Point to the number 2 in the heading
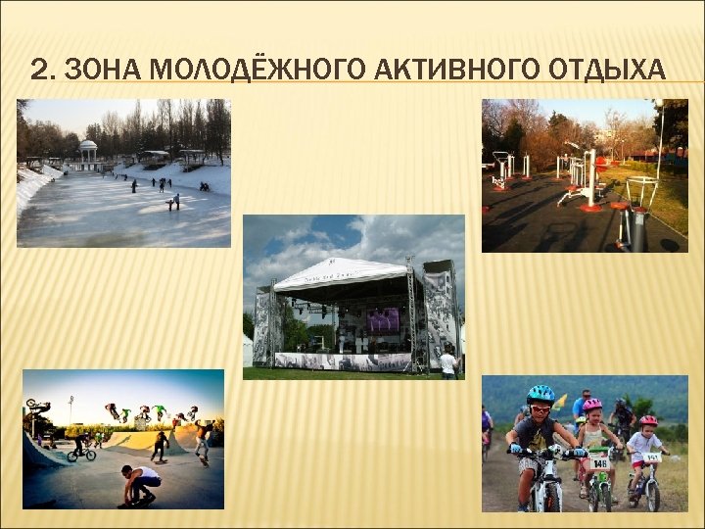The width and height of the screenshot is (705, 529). pyautogui.click(x=38, y=70)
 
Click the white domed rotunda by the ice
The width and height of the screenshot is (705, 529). pyautogui.click(x=89, y=152)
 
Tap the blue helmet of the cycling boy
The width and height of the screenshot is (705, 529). pyautogui.click(x=540, y=394)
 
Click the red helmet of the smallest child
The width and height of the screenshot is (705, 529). pyautogui.click(x=648, y=421)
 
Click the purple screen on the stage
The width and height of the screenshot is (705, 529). pyautogui.click(x=382, y=319)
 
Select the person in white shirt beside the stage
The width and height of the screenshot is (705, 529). pyautogui.click(x=448, y=362)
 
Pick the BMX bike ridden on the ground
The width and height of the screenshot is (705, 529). pyautogui.click(x=81, y=452)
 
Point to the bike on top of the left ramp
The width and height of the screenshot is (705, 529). pyautogui.click(x=36, y=406)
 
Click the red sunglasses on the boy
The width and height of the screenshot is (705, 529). pyautogui.click(x=540, y=407)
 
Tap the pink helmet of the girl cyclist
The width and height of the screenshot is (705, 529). pyautogui.click(x=592, y=405)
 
